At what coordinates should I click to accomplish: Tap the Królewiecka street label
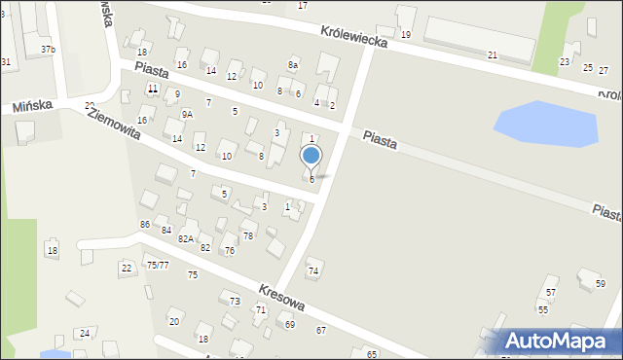point(355,37)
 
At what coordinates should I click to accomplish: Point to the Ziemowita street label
point(114,124)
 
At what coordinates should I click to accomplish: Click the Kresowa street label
point(282,298)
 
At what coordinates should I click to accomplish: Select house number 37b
point(48,49)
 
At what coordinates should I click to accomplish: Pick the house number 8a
point(293,64)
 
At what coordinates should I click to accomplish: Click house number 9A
point(187,114)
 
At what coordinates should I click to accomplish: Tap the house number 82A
point(185,238)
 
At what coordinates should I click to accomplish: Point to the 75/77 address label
point(158,265)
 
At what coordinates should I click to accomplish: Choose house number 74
point(313,270)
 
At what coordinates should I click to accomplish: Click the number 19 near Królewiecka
point(406,35)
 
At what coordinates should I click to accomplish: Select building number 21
point(493,55)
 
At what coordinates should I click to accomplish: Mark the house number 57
point(551,293)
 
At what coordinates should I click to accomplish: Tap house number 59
point(600,284)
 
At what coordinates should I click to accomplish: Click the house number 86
point(145,225)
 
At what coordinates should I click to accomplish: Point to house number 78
point(248,236)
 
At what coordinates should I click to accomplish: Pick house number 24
point(85,334)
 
